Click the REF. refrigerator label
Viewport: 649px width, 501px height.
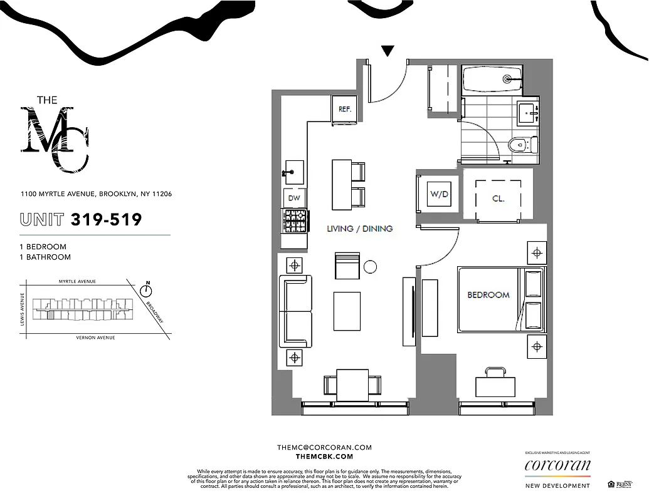[345, 109]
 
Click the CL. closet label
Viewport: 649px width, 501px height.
[499, 199]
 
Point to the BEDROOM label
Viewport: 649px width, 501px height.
[488, 294]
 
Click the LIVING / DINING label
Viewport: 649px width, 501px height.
[360, 229]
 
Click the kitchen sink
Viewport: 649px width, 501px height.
[293, 170]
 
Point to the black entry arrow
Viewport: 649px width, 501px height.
[388, 52]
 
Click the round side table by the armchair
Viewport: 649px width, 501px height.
[370, 266]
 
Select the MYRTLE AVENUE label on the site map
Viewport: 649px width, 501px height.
[77, 282]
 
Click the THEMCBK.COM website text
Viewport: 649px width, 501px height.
[324, 457]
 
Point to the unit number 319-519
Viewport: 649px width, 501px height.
[107, 219]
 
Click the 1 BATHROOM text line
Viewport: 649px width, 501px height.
[45, 257]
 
